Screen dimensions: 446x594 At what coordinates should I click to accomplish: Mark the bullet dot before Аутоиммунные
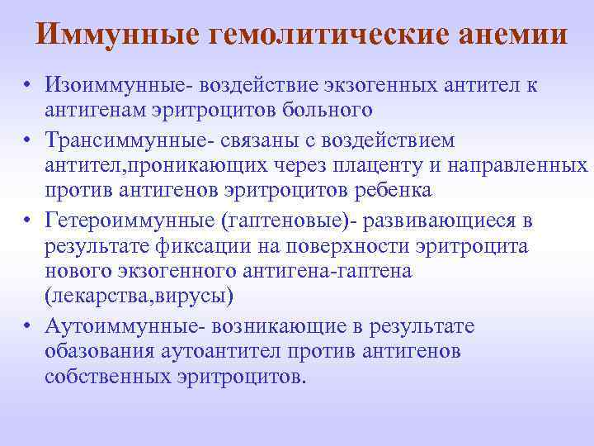tap(27, 328)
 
